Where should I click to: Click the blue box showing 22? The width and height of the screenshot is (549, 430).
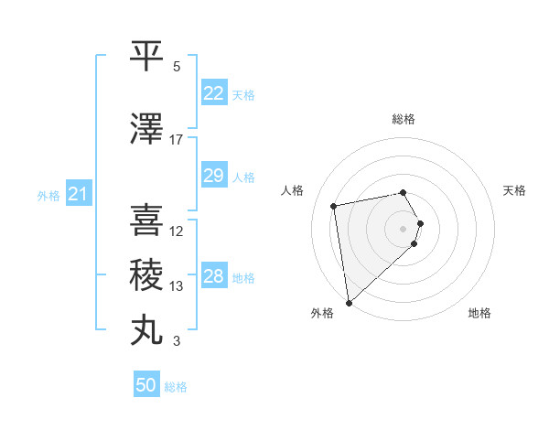(213, 93)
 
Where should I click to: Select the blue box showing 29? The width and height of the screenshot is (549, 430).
(213, 176)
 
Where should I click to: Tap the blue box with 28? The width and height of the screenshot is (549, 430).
(213, 276)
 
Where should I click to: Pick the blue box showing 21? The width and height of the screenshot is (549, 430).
(78, 194)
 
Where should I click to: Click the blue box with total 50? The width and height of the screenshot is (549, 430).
(146, 385)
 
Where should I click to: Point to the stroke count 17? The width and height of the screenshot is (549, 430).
(177, 140)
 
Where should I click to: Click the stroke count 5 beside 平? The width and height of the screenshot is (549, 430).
(177, 67)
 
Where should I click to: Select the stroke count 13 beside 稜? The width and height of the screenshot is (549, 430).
(177, 286)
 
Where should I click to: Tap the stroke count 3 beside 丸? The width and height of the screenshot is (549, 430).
(177, 341)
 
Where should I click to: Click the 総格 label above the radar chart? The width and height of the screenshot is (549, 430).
(403, 119)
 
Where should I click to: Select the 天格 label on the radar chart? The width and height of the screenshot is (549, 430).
(515, 190)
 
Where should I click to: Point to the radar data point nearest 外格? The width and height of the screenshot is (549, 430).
(349, 302)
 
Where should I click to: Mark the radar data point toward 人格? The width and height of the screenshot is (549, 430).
(334, 206)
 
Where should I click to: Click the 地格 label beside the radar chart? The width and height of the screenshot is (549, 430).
(479, 313)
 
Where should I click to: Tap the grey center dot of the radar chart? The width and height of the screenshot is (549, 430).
(403, 228)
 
